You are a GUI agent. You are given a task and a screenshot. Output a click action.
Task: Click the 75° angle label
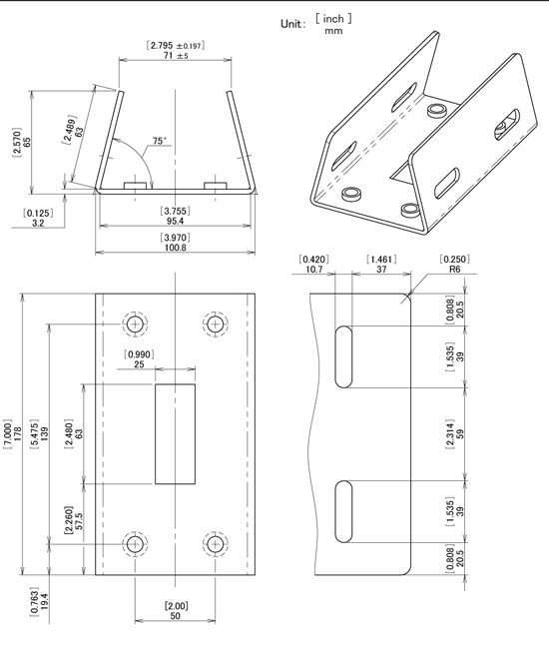click(x=160, y=141)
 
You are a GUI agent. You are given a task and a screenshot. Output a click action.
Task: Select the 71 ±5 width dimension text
click(x=176, y=55)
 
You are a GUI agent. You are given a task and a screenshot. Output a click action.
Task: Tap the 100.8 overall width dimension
click(x=175, y=248)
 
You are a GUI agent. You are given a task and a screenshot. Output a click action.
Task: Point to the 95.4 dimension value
click(x=175, y=222)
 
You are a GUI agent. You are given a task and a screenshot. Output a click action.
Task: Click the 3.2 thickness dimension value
click(x=38, y=224)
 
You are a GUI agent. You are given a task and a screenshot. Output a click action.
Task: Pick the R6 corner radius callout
click(x=454, y=269)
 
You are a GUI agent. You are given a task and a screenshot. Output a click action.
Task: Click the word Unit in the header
click(x=290, y=24)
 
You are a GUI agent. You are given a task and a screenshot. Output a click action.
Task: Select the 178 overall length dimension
click(x=18, y=434)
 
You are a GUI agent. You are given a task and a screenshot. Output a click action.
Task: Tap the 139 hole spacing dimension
click(x=45, y=434)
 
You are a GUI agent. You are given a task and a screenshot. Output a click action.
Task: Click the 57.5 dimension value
click(x=79, y=521)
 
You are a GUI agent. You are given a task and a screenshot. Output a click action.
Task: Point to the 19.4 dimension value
click(x=44, y=602)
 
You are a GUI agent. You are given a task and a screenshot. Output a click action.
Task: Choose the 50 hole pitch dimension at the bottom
click(x=175, y=616)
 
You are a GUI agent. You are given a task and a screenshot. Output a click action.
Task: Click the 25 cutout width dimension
click(x=139, y=364)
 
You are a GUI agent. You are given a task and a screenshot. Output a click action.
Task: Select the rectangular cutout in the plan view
click(x=175, y=433)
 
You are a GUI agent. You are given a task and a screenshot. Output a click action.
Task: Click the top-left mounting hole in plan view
click(x=135, y=324)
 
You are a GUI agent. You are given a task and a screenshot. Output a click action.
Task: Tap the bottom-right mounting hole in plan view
click(x=215, y=544)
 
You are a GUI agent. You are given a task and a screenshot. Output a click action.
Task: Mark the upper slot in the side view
click(x=343, y=356)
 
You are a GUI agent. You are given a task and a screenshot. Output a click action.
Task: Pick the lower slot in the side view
click(x=343, y=511)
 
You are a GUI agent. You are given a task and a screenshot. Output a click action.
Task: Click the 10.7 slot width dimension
click(x=314, y=269)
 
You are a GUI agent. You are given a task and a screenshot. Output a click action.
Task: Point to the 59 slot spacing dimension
click(x=460, y=434)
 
